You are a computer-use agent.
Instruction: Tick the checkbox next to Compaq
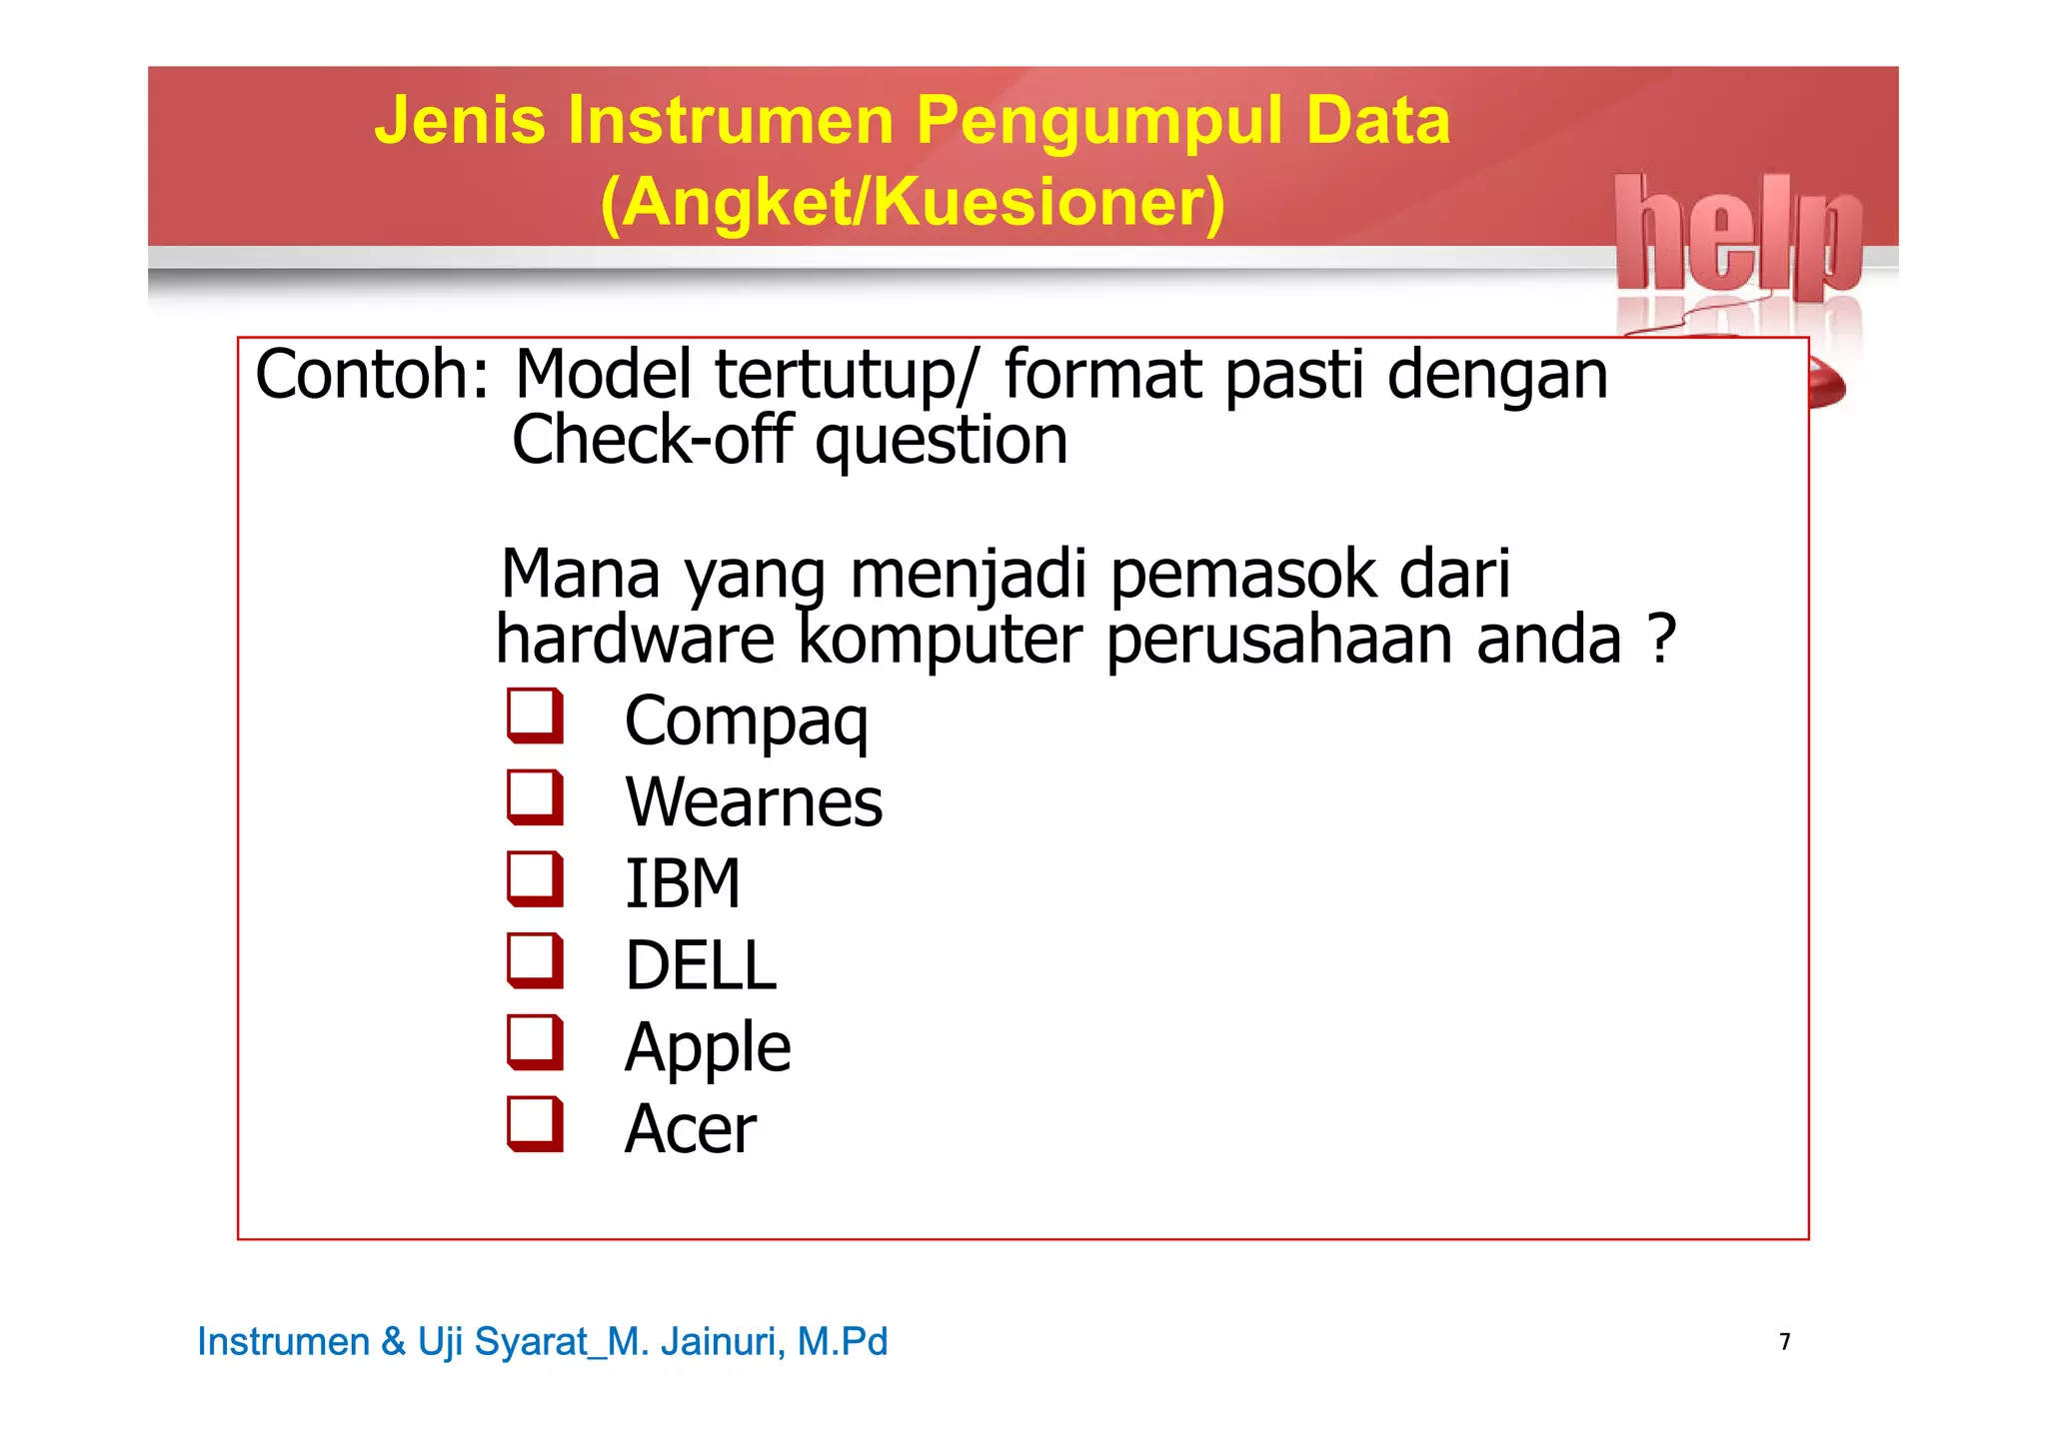click(x=535, y=716)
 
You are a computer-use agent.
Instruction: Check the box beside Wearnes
click(x=535, y=797)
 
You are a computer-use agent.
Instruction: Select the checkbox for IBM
click(x=535, y=879)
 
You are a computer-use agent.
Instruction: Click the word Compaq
click(x=746, y=722)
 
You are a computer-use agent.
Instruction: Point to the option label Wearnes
click(x=754, y=802)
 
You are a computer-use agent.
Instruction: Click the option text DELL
click(x=700, y=966)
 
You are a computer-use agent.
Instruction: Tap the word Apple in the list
click(x=708, y=1048)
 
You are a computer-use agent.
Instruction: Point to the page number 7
click(x=1785, y=1341)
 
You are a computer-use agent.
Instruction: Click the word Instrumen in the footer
click(x=283, y=1341)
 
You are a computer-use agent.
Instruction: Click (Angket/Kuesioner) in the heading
click(x=913, y=203)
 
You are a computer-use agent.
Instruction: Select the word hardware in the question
click(x=636, y=640)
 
